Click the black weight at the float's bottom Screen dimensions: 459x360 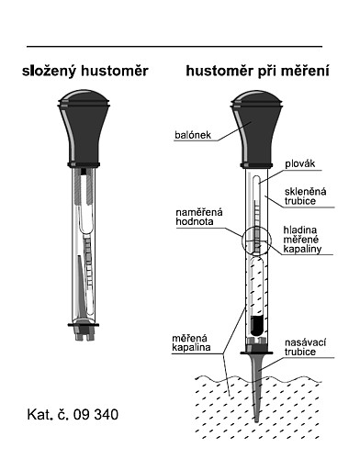pos(257,324)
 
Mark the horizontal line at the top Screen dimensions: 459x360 pos(174,46)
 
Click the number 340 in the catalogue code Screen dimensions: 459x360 pos(106,413)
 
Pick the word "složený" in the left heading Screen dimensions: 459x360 pos(52,71)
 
